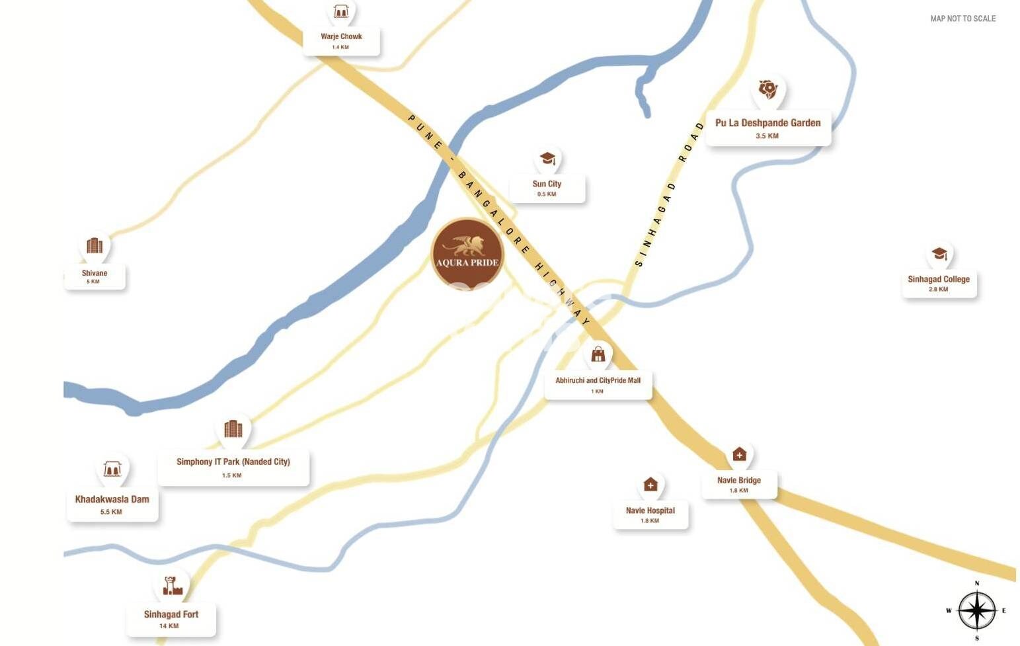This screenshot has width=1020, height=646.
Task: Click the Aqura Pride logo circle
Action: click(467, 254)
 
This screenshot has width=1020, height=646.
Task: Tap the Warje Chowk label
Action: click(341, 37)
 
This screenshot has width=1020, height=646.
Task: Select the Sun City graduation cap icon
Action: click(547, 159)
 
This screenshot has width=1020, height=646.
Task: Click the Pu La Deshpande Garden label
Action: click(767, 123)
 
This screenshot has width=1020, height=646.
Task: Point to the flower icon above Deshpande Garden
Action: click(767, 89)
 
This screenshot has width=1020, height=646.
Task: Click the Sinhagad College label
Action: click(939, 279)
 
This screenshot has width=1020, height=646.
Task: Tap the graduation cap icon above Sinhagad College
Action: click(939, 254)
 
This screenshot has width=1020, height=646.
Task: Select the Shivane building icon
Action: click(95, 246)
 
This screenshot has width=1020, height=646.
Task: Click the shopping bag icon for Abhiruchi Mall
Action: click(598, 354)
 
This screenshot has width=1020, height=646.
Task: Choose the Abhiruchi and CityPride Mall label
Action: click(598, 380)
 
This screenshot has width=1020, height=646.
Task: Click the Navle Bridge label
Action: click(739, 481)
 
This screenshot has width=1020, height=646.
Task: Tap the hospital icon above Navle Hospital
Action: click(650, 485)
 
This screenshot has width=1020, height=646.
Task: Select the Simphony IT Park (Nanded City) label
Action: click(233, 462)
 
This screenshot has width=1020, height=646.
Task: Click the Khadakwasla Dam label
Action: click(112, 500)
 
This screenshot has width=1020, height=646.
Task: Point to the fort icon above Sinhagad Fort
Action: click(172, 585)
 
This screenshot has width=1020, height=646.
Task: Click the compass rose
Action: click(976, 610)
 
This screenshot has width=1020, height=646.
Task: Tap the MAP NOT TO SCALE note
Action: click(962, 19)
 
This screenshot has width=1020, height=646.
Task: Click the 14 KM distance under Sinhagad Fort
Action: click(169, 626)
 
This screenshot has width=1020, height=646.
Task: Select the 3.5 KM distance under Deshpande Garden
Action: click(767, 136)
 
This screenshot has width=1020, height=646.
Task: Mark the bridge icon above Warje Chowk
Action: click(341, 11)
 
